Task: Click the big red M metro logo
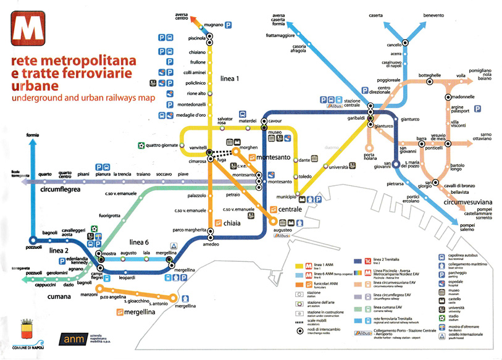(27, 28)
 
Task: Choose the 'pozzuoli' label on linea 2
(33, 246)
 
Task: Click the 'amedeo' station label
(212, 245)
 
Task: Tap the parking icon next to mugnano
(228, 25)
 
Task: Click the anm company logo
(78, 338)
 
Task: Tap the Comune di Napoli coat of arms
(26, 327)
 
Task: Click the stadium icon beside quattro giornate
(141, 146)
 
